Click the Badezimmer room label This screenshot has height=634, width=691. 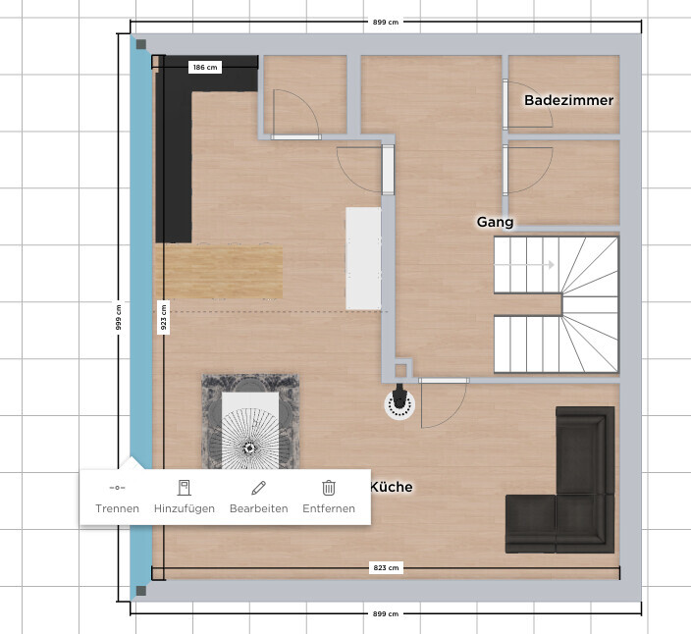(x=568, y=100)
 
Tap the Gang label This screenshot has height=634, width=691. (x=495, y=222)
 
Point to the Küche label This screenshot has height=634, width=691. (x=392, y=487)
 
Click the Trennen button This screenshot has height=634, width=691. (x=117, y=498)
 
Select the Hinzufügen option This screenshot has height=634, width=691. (x=185, y=498)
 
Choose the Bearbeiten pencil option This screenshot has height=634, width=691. (x=259, y=498)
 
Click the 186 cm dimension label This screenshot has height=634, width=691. (x=205, y=68)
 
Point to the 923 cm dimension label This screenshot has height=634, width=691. (x=164, y=317)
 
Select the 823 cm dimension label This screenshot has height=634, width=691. (x=386, y=568)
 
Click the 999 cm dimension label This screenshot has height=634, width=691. (x=119, y=317)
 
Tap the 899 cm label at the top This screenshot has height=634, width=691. (x=385, y=22)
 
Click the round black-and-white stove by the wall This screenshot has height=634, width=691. (x=399, y=402)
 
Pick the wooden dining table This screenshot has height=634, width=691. (x=219, y=272)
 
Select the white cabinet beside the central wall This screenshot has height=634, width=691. (x=363, y=258)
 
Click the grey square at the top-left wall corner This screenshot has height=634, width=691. (x=141, y=44)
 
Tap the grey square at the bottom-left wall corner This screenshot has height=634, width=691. (x=141, y=591)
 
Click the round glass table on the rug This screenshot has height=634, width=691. (x=250, y=438)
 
